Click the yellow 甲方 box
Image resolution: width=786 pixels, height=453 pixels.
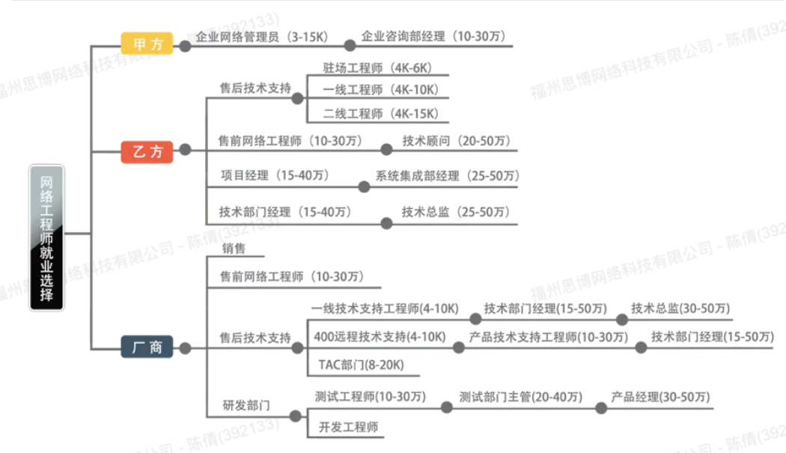(x=147, y=43)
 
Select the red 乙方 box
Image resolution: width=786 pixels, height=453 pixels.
(x=147, y=151)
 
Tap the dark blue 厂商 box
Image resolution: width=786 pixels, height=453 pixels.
(x=147, y=347)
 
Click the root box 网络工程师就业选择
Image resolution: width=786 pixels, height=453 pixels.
(x=46, y=238)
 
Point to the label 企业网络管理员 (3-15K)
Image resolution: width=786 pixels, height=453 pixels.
(x=261, y=37)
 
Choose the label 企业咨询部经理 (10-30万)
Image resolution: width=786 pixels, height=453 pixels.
(x=433, y=36)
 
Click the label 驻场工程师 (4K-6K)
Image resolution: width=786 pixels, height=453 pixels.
(x=377, y=67)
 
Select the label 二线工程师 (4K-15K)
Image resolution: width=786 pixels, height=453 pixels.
(x=380, y=114)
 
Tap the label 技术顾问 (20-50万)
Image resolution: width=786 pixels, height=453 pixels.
(x=456, y=141)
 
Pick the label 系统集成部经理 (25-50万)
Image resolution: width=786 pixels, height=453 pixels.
(x=447, y=176)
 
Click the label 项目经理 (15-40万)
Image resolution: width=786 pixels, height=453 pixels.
(x=275, y=175)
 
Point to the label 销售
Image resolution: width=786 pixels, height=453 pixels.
(x=234, y=249)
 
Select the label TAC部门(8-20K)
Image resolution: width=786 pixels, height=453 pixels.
(x=361, y=365)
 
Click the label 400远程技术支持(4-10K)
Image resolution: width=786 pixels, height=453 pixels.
(x=380, y=337)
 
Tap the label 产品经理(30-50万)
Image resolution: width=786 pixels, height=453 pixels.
(x=660, y=397)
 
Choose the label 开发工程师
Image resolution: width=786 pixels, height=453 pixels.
(x=348, y=427)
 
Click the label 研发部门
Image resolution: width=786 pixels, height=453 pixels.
(x=246, y=405)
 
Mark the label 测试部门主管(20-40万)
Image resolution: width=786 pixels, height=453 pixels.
(x=521, y=397)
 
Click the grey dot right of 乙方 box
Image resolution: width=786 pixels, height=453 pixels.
(x=185, y=150)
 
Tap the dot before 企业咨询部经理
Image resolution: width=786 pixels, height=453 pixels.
(x=350, y=46)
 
